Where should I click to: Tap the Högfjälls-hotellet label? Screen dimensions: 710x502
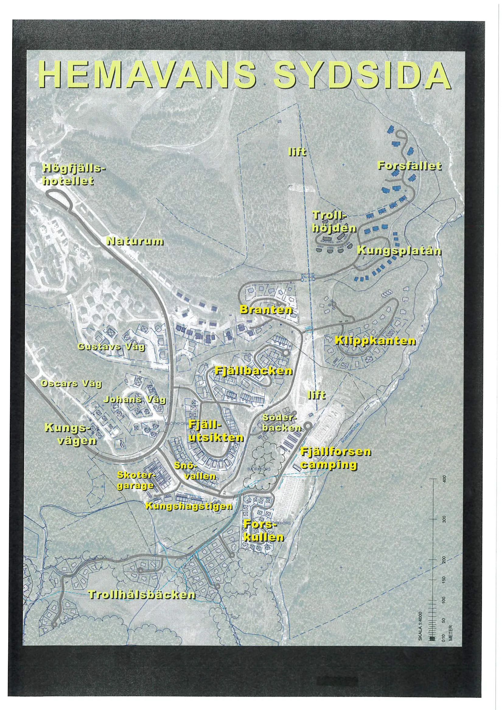tap(73, 175)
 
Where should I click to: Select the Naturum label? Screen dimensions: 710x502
tap(135, 241)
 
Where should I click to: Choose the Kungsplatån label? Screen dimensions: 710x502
tap(399, 250)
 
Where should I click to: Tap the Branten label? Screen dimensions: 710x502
tap(266, 310)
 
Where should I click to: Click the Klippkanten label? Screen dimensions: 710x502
tap(375, 341)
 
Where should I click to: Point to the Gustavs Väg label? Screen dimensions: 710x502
tap(111, 347)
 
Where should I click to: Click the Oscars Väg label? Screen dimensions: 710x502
tap(71, 384)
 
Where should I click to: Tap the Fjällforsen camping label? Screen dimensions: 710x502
tap(336, 458)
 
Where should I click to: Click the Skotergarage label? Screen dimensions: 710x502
tap(135, 480)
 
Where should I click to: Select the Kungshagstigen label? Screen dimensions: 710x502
tap(189, 506)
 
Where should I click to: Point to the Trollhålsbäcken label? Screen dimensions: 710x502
tap(142, 595)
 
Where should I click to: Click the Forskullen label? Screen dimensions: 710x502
tap(263, 531)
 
